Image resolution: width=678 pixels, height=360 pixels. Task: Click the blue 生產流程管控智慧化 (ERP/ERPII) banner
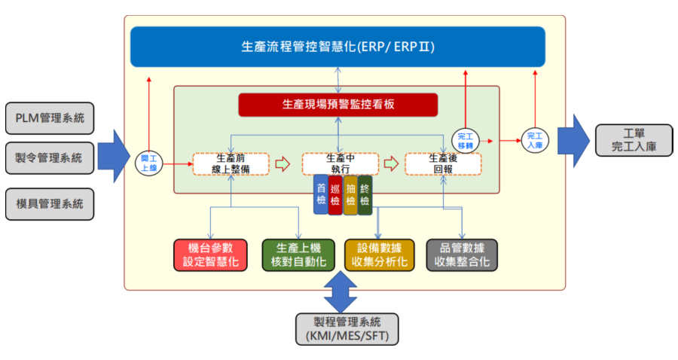coord(337,47)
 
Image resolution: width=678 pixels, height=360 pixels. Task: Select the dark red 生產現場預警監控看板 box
coord(337,105)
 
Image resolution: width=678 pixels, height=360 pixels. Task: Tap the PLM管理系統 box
coord(50,117)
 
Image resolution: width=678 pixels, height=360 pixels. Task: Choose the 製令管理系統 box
coord(50,159)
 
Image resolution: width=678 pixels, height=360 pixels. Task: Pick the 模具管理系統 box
coord(50,203)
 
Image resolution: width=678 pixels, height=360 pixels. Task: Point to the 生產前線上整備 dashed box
coord(231,163)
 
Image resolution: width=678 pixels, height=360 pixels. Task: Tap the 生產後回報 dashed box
coord(442,163)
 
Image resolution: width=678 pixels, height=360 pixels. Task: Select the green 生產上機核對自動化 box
coord(298,255)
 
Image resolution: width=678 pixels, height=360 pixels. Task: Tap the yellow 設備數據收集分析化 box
coord(380,255)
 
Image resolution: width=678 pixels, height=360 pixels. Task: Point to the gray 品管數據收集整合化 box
coord(462,255)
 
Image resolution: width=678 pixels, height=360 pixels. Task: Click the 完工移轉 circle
coord(464,139)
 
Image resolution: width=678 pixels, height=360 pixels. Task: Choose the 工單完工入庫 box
coord(634,140)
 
